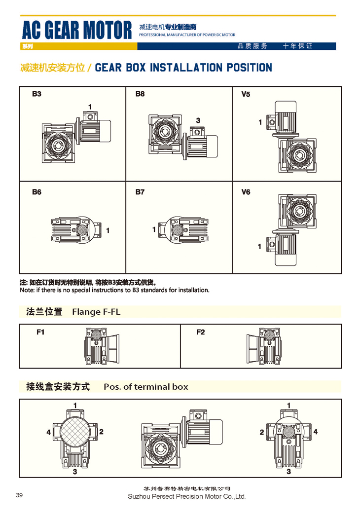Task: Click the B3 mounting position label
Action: pyautogui.click(x=36, y=94)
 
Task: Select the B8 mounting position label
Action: pyautogui.click(x=140, y=94)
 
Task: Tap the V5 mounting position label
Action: pyautogui.click(x=246, y=94)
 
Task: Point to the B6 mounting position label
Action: pyautogui.click(x=36, y=192)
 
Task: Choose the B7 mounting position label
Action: pyautogui.click(x=140, y=192)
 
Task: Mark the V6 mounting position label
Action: pyautogui.click(x=246, y=192)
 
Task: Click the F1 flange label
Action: pyautogui.click(x=40, y=332)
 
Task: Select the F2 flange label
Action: pyautogui.click(x=200, y=332)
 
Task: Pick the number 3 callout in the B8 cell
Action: pyautogui.click(x=198, y=120)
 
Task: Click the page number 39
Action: pyautogui.click(x=19, y=495)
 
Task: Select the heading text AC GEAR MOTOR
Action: pyautogui.click(x=77, y=31)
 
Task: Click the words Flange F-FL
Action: pyautogui.click(x=96, y=312)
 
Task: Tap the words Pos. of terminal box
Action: pyautogui.click(x=145, y=387)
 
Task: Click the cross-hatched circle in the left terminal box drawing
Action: pyautogui.click(x=75, y=432)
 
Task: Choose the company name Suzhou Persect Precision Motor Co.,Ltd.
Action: pyautogui.click(x=186, y=496)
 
